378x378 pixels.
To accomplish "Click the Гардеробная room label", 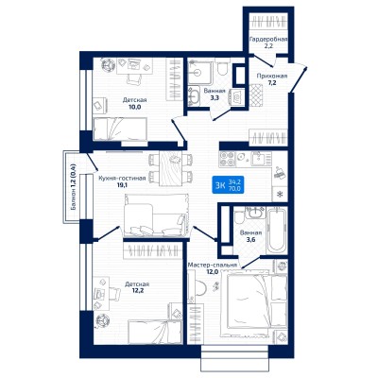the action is point(268,40).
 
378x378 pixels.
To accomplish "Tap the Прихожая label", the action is point(272,76).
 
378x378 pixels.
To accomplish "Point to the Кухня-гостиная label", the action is point(122,179).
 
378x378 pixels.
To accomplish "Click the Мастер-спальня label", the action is point(212,266).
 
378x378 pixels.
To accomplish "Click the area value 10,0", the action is point(134,107).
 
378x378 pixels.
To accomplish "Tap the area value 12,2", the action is point(137,291).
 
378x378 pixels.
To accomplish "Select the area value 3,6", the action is point(250,240).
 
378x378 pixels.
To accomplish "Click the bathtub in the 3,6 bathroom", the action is point(276,231).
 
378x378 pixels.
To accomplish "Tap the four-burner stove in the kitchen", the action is point(227,159).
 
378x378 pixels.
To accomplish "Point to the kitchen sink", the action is point(260,159).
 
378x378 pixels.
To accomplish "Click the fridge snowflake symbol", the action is point(279,194).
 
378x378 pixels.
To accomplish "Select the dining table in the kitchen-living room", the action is point(170,168).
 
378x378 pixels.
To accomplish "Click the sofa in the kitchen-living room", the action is point(156,215).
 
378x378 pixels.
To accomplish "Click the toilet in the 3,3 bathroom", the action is point(222,67).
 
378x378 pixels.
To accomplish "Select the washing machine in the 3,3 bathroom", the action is point(236,95).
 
